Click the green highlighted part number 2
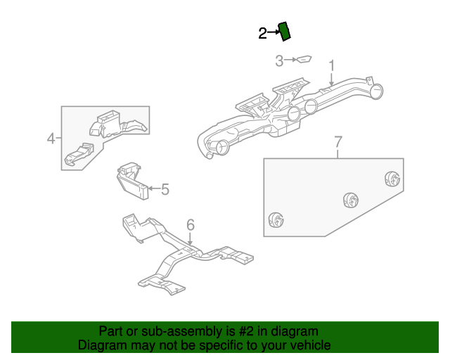tap(285, 32)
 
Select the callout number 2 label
tap(262, 33)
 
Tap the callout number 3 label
tap(279, 61)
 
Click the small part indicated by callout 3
tap(304, 60)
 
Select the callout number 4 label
tap(51, 139)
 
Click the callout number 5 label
tap(165, 189)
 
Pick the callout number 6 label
tap(190, 225)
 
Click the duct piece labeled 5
tap(131, 181)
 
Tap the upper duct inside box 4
tap(115, 124)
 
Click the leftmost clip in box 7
tap(276, 221)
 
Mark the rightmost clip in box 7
tap(392, 179)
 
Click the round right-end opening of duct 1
tap(378, 90)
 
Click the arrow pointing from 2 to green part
tap(273, 33)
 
